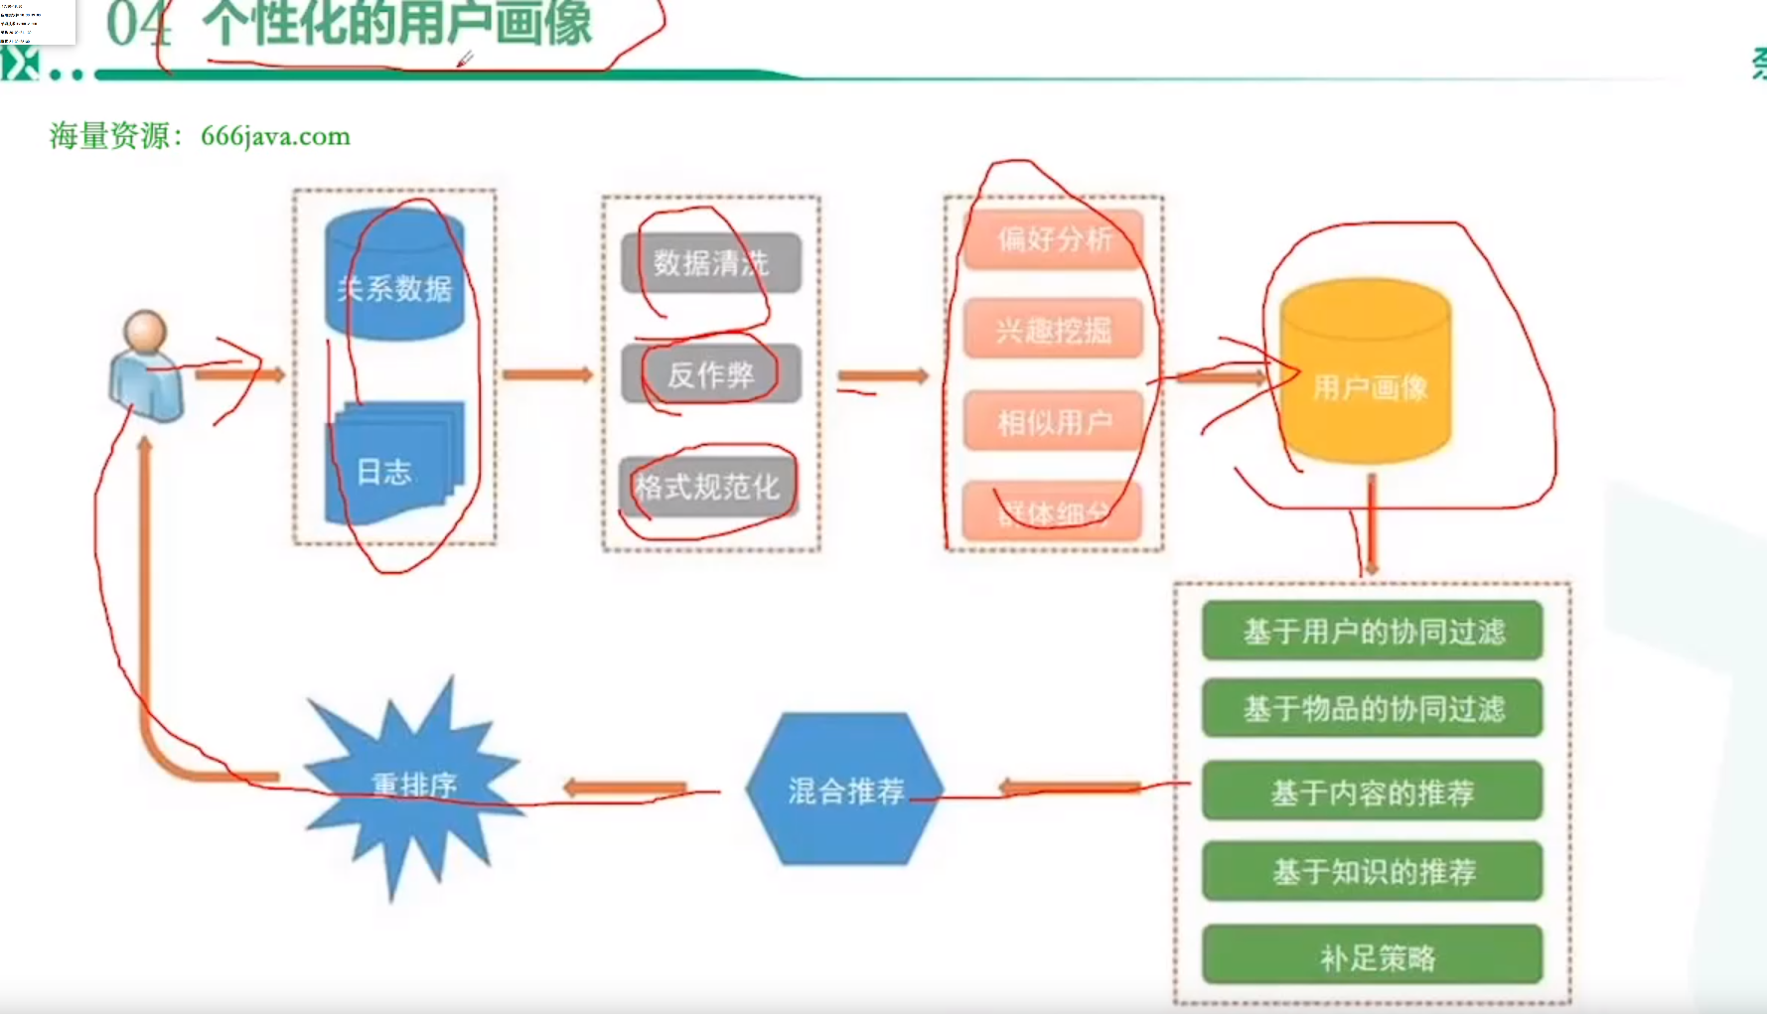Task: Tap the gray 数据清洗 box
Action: coord(710,263)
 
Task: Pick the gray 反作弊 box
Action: coord(710,374)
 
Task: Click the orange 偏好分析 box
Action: coord(1053,239)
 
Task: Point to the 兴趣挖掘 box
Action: coord(1053,330)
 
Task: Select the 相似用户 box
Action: coord(1053,422)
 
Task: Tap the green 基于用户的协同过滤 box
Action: coord(1372,631)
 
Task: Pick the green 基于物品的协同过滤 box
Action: coord(1372,708)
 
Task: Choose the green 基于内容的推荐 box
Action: coord(1372,792)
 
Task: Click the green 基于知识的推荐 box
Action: coord(1372,871)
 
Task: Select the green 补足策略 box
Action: coord(1372,955)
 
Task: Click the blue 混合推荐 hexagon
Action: coord(844,790)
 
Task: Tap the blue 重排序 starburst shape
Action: coord(412,785)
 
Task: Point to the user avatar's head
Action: coord(145,332)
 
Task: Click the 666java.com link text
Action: coord(275,136)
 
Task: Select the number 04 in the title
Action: coord(138,24)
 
